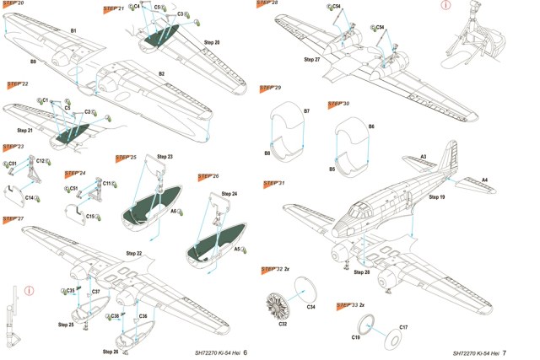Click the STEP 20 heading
coord(13,3)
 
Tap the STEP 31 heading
coord(273,183)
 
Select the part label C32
coord(283,322)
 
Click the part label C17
coord(403,326)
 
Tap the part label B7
coord(306,111)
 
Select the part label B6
coord(371,126)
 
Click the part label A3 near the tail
coord(424,157)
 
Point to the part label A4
coord(484,180)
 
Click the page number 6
coord(245,352)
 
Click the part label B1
coord(73,30)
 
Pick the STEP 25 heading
coord(126,158)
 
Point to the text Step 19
coord(436,197)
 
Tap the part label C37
coord(96,291)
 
